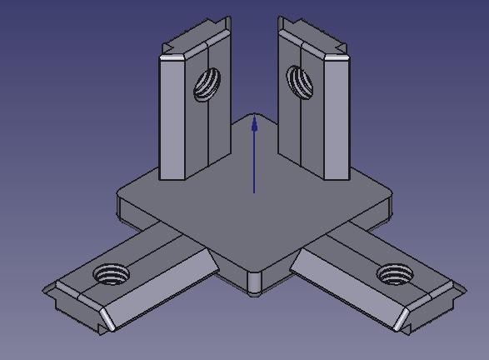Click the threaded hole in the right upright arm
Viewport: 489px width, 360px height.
coord(299,81)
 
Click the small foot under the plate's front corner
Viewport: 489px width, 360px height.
coord(254,291)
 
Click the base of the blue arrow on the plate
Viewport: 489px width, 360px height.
coord(254,192)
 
